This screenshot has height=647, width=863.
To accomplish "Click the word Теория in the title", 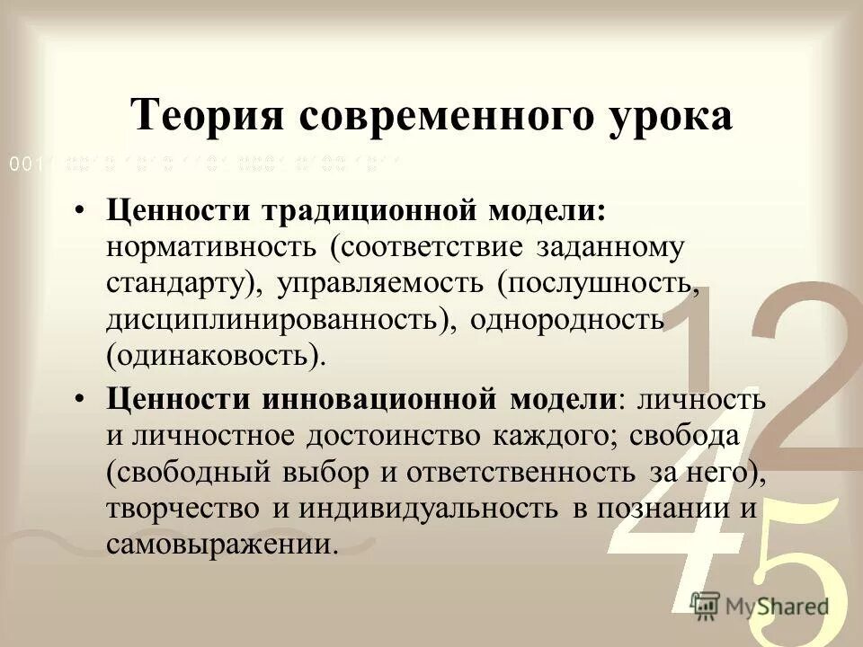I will click(x=202, y=116).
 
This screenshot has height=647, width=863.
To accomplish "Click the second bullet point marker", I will click(x=81, y=398).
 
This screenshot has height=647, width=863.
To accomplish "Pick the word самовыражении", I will click(x=222, y=544).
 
